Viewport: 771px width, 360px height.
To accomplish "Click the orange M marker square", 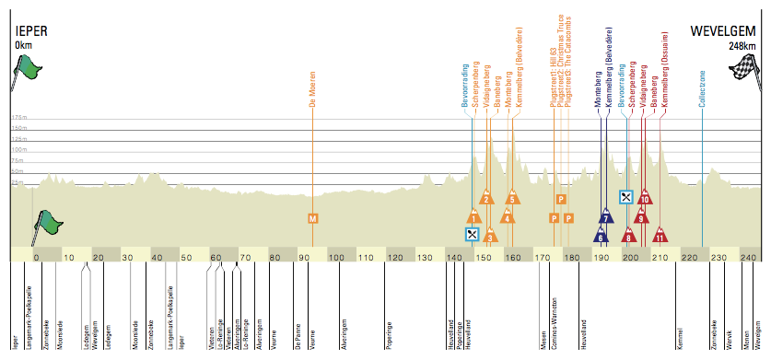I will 313,218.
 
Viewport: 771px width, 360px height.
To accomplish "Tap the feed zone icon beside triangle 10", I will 625,197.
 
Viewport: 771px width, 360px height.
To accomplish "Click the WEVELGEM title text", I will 723,31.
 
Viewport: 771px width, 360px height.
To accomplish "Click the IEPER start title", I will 31,31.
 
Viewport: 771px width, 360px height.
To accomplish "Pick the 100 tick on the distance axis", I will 336,258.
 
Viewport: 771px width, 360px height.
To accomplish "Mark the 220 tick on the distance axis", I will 688,258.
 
